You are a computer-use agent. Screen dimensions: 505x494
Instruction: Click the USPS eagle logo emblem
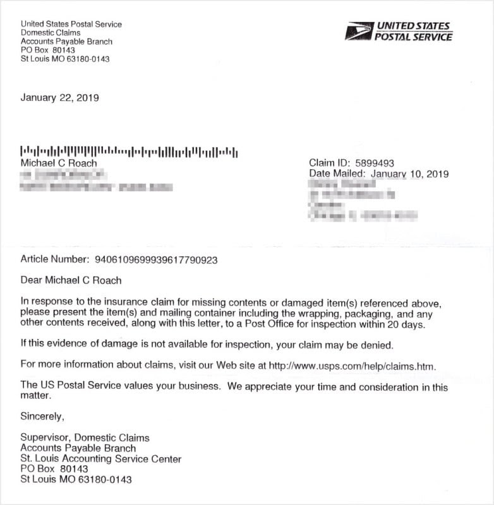[x=358, y=31]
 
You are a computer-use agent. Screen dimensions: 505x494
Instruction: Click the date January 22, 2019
[x=59, y=98]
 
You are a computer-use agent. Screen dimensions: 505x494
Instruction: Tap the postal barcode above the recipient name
[x=129, y=151]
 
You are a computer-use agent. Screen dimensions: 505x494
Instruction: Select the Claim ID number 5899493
[x=375, y=163]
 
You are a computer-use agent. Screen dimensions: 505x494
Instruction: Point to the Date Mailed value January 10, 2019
[x=409, y=174]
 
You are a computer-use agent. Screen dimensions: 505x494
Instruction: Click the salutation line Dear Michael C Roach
[x=71, y=280]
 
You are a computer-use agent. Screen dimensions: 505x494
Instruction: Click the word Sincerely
[x=42, y=416]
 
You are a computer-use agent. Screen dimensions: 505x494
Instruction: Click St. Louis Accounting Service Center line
[x=101, y=459]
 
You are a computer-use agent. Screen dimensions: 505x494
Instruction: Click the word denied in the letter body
[x=379, y=345]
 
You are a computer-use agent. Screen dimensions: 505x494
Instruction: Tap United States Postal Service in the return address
[x=71, y=25]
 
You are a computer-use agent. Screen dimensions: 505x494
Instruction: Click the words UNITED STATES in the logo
[x=413, y=26]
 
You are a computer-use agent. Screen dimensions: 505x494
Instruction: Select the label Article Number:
[x=54, y=259]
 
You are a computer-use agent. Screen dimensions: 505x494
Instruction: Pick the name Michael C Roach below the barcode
[x=59, y=163]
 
